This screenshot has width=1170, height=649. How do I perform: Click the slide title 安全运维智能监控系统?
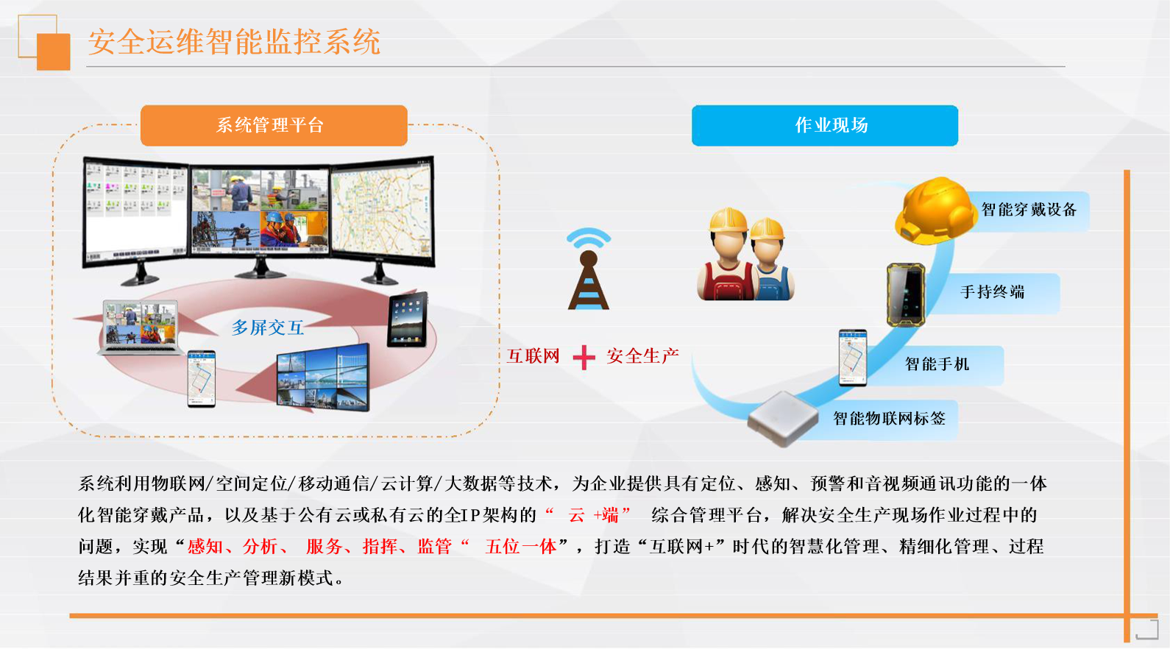coord(234,42)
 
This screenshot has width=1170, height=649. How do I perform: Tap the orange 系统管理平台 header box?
coord(274,125)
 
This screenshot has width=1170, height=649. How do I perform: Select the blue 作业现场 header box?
coord(825,125)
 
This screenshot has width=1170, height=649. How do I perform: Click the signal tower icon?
coord(589,269)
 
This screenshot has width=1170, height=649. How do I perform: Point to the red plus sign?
coord(584,357)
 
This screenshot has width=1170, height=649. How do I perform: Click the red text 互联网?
coord(533,356)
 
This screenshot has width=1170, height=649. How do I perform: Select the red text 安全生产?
coord(642,356)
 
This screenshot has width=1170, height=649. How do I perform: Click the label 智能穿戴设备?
coord(1029,210)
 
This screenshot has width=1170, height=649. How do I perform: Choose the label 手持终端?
coord(993,292)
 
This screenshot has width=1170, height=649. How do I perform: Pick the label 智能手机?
coord(937,364)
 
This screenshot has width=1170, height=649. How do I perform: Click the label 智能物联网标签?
coord(889,418)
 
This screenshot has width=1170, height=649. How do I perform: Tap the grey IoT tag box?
coord(783,419)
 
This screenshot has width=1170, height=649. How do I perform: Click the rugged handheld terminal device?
coord(906,295)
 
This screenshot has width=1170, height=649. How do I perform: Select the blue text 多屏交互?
coord(267,327)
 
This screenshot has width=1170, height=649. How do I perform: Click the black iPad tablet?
coord(408,319)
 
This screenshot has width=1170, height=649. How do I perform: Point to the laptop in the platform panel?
coord(140,328)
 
